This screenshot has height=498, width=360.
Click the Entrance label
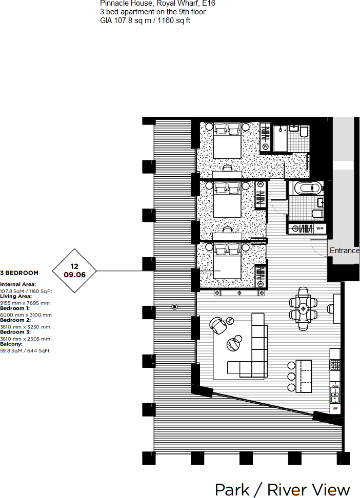pyautogui.click(x=344, y=251)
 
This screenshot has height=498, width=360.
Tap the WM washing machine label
pyautogui.click(x=320, y=228)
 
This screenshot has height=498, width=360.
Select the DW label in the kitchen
pyautogui.click(x=335, y=386)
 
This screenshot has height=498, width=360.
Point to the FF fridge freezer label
pyautogui.click(x=335, y=409)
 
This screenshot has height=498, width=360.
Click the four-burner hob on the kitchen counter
pyautogui.click(x=335, y=365)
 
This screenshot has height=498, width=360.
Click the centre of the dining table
pyautogui.click(x=304, y=308)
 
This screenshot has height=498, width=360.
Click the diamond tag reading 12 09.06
pyautogui.click(x=75, y=271)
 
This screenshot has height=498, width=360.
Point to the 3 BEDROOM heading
pyautogui.click(x=19, y=273)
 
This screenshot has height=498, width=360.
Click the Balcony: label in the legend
pyautogui.click(x=12, y=345)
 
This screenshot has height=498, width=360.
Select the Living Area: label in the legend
pyautogui.click(x=16, y=296)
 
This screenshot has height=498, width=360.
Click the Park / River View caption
pyautogui.click(x=283, y=489)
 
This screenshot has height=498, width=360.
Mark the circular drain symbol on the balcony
pyautogui.click(x=174, y=307)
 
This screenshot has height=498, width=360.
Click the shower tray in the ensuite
pyautogui.click(x=280, y=139)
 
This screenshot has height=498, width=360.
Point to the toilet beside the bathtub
pyautogui.click(x=317, y=212)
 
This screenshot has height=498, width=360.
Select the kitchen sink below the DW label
pyautogui.click(x=335, y=396)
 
